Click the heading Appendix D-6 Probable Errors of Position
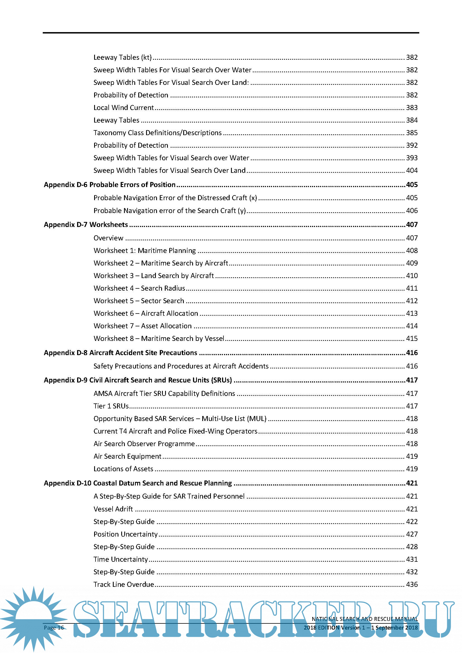[x=109, y=185]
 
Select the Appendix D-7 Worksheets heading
[x=86, y=225]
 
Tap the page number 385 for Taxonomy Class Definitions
[x=412, y=133]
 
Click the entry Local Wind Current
[x=123, y=108]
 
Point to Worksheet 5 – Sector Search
[x=139, y=301]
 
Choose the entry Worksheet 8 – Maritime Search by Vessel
[x=159, y=338]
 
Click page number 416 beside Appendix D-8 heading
[x=412, y=353]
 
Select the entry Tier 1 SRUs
[x=111, y=406]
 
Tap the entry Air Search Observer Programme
[x=144, y=444]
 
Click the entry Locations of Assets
[x=123, y=469]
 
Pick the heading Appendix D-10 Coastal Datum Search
[x=138, y=483]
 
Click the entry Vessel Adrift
[x=113, y=509]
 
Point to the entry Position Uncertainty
[x=125, y=534]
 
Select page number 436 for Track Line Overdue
[x=412, y=584]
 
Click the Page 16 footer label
[x=54, y=628]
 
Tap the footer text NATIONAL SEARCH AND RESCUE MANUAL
[x=365, y=619]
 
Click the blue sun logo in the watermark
[x=34, y=617]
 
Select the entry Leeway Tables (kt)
[x=122, y=58]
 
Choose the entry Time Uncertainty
[x=121, y=559]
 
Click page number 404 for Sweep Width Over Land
[x=412, y=170]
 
